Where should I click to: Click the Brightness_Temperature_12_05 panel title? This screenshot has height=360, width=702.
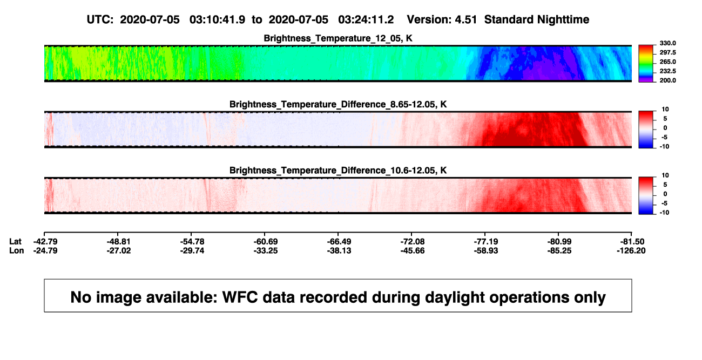338,38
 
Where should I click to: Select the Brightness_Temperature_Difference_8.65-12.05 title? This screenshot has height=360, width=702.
338,104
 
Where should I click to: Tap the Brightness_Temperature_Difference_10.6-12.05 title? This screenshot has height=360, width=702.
338,171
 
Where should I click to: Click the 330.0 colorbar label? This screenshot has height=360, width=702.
667,43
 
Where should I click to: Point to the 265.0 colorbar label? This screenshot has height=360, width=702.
667,62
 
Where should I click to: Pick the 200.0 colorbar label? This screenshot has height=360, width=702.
667,80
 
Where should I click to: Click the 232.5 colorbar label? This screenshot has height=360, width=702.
667,71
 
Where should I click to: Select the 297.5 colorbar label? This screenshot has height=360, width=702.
667,52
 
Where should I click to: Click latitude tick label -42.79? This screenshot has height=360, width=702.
45,242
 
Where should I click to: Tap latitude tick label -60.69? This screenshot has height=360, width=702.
266,242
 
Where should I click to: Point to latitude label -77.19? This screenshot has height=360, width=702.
486,242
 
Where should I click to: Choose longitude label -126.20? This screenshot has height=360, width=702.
631,250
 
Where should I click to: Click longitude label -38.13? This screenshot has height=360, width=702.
339,250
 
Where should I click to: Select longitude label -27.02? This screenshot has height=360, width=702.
119,250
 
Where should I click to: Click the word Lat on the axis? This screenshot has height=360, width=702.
15,242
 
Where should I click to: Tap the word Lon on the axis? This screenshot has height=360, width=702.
17,250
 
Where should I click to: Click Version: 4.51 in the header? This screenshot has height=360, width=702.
442,19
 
